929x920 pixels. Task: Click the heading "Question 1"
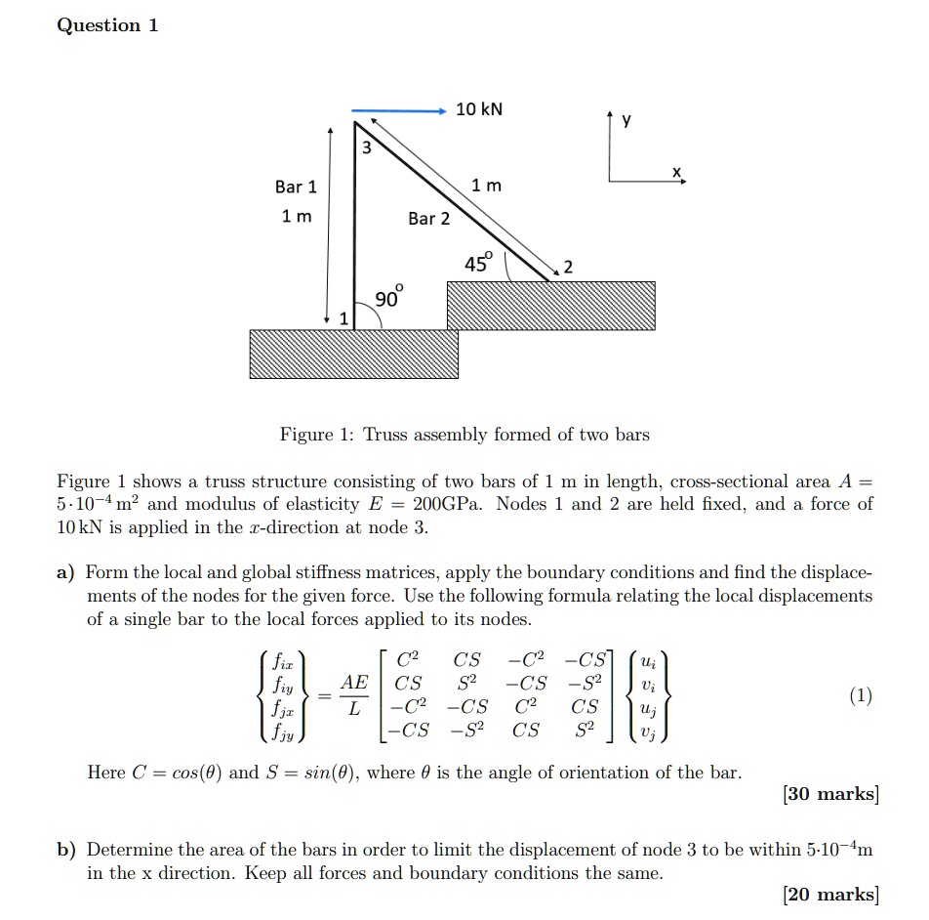click(107, 25)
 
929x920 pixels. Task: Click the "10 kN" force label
click(479, 109)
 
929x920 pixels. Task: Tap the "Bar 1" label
click(296, 187)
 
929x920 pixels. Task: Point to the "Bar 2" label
click(429, 218)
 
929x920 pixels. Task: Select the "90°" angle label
click(387, 298)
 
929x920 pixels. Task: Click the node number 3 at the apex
click(366, 148)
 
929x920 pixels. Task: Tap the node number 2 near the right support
click(569, 268)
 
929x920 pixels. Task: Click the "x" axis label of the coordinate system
click(675, 172)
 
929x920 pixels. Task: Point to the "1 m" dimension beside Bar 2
click(486, 186)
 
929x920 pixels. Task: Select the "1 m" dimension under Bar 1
click(297, 216)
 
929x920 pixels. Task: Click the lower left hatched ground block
click(353, 354)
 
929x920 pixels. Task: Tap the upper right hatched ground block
click(551, 306)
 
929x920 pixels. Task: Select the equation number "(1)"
click(860, 695)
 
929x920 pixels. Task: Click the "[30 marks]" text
click(830, 794)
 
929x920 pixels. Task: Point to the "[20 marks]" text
click(830, 894)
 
